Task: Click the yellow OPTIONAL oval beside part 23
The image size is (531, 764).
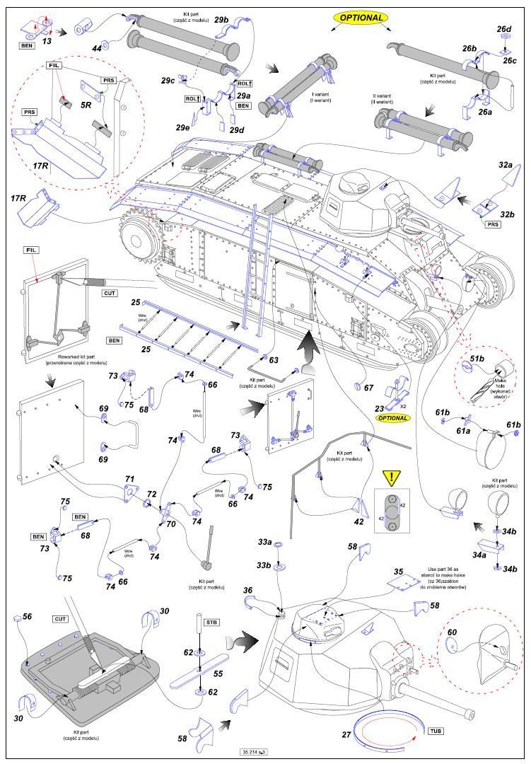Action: (393, 418)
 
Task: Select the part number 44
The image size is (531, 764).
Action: (96, 47)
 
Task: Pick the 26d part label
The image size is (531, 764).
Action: (503, 30)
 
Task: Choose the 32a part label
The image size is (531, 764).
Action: (505, 164)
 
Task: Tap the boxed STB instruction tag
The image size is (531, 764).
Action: (211, 623)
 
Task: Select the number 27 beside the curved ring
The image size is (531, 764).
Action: (346, 735)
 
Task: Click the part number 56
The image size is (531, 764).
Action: (27, 617)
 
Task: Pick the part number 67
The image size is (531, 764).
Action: (368, 388)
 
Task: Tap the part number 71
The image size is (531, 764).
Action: (129, 480)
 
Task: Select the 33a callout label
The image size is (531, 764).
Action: (264, 543)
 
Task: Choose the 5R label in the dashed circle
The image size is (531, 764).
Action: (86, 105)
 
